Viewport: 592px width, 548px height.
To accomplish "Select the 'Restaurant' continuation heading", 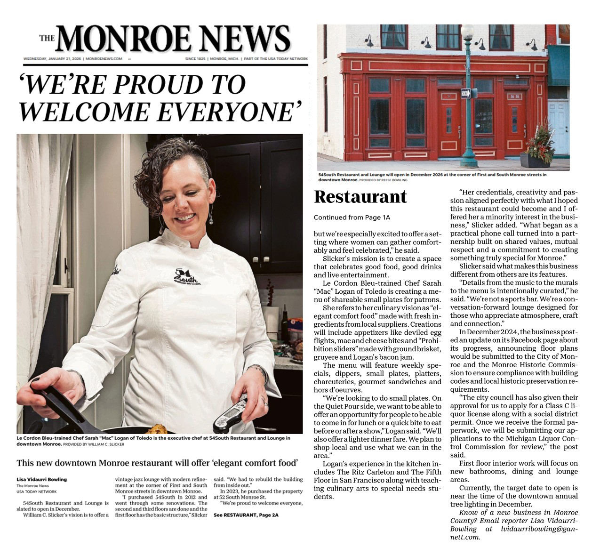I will (360, 197).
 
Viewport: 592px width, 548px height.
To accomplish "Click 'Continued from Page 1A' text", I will (352, 218).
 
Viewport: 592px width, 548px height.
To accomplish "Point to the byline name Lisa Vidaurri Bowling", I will (41, 479).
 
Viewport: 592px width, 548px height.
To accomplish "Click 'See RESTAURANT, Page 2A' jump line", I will (246, 515).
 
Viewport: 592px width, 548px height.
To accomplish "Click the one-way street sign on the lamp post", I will (465, 93).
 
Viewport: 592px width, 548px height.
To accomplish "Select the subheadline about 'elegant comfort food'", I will (157, 462).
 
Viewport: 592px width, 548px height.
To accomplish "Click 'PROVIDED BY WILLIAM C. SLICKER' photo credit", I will (94, 444).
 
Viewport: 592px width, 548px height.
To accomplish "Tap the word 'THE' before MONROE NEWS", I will (47, 39).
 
